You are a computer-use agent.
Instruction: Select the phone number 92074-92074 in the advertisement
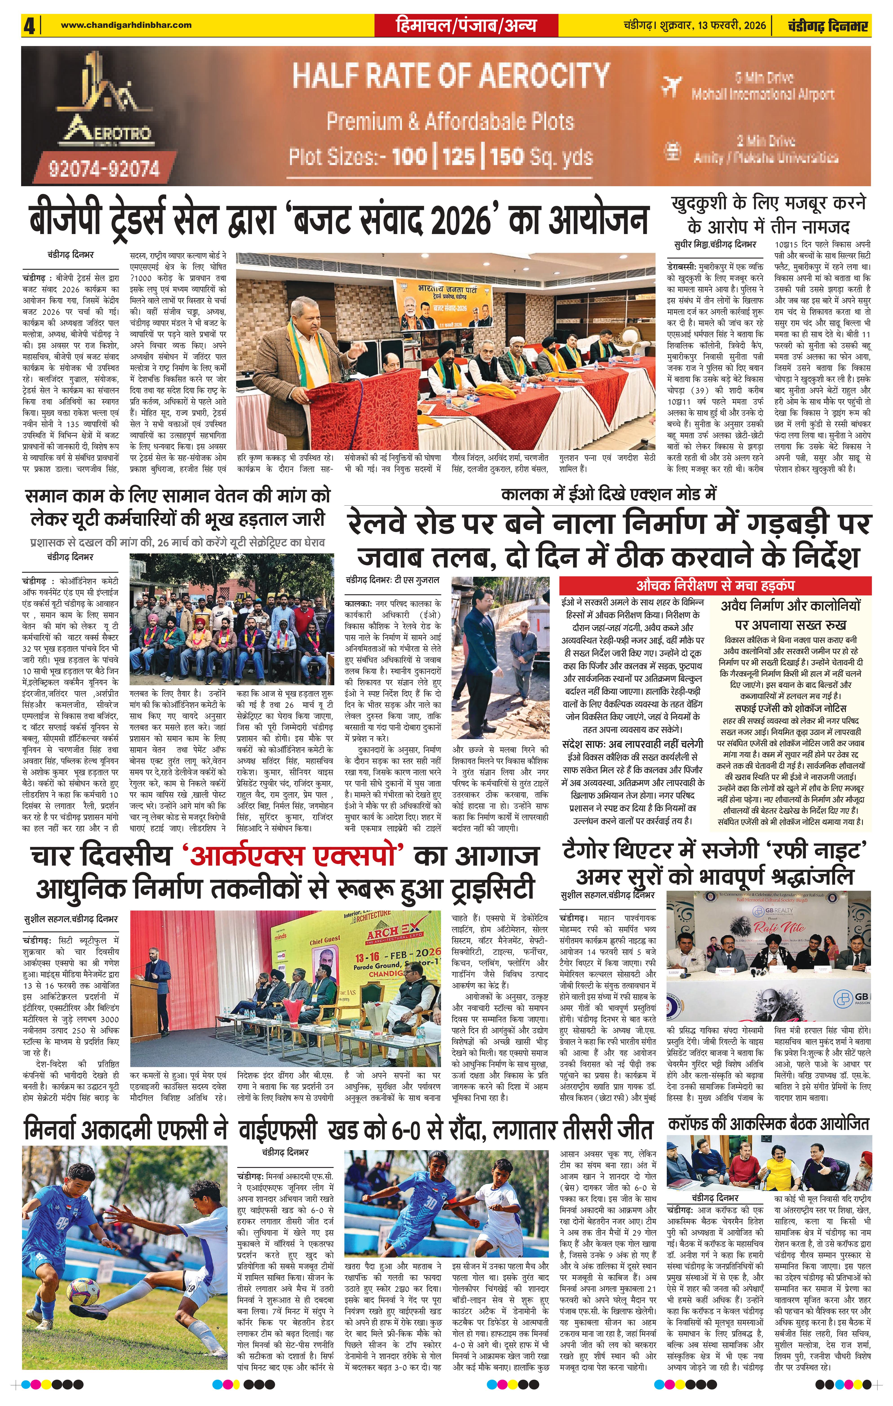click(104, 169)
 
